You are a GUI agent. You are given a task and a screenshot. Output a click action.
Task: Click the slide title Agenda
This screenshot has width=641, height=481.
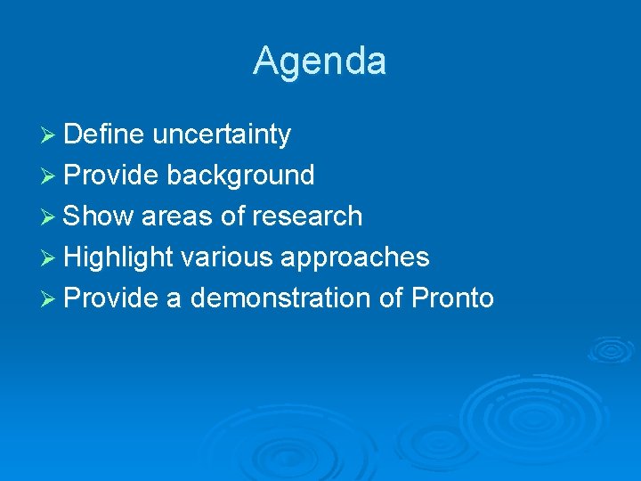pyautogui.click(x=320, y=61)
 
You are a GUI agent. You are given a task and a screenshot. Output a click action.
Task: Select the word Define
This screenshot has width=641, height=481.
pyautogui.click(x=104, y=135)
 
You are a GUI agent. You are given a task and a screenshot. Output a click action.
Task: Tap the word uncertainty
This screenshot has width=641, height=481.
pyautogui.click(x=222, y=135)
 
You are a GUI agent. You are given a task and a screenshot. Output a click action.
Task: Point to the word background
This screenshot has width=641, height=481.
pyautogui.click(x=240, y=175)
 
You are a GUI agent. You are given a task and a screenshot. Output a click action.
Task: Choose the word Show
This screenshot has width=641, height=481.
pyautogui.click(x=98, y=216)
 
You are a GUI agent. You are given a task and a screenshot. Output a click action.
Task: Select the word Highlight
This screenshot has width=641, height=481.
pyautogui.click(x=118, y=257)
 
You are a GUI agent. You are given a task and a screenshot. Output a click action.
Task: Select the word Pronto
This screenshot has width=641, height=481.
pyautogui.click(x=452, y=298)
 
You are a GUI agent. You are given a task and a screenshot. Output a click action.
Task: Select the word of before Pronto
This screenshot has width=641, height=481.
pyautogui.click(x=391, y=298)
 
